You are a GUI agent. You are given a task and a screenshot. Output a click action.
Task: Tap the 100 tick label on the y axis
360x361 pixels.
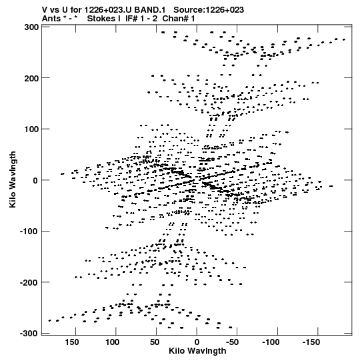click(32, 129)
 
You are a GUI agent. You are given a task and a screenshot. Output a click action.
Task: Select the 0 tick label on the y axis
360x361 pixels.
click(35, 180)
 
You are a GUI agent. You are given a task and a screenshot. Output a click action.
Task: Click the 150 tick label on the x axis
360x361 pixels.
click(72, 342)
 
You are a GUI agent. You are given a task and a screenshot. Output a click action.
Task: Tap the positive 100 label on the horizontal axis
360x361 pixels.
click(112, 342)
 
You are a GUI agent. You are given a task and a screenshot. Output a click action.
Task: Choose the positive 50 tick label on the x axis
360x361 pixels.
click(155, 342)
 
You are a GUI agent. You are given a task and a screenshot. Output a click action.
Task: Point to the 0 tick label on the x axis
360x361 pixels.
click(197, 342)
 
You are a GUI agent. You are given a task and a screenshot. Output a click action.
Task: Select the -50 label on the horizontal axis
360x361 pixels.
click(232, 342)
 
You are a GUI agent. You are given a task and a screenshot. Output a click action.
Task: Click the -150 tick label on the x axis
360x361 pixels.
click(311, 342)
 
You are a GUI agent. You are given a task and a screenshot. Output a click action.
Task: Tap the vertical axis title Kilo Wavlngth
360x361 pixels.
click(13, 179)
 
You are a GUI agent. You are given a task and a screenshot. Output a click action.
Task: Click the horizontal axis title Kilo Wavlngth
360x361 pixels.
click(197, 351)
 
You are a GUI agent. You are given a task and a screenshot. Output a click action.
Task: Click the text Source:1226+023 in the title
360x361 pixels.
click(209, 10)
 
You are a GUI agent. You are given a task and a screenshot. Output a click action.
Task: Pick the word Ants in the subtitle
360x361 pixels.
click(51, 19)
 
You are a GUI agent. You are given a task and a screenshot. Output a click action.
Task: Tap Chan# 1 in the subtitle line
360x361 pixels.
click(179, 19)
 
